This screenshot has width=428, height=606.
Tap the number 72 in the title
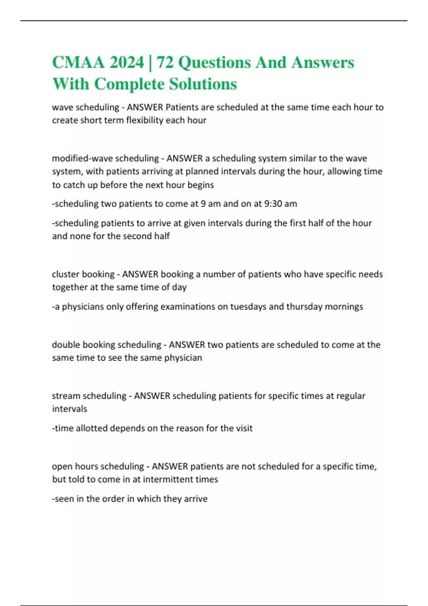point(165,62)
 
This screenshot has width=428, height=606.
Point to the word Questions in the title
point(214,62)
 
